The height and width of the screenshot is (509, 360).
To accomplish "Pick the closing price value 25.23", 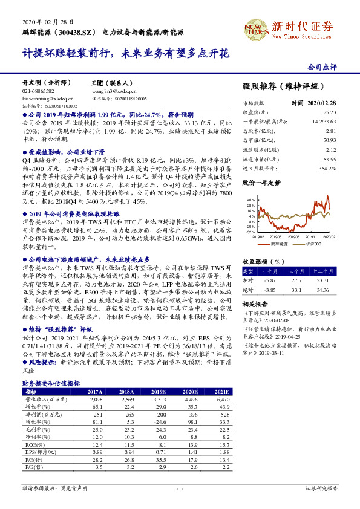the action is [x=330, y=112].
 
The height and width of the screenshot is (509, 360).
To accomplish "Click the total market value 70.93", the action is [x=330, y=138].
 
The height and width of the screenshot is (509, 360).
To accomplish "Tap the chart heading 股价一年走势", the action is [x=261, y=181].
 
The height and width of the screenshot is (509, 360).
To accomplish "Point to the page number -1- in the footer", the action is [x=179, y=487].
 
